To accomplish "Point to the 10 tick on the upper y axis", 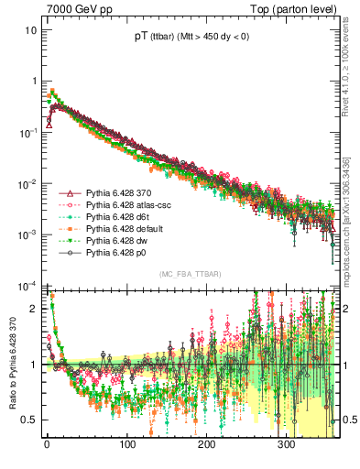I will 30,29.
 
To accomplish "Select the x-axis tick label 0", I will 47,445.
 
